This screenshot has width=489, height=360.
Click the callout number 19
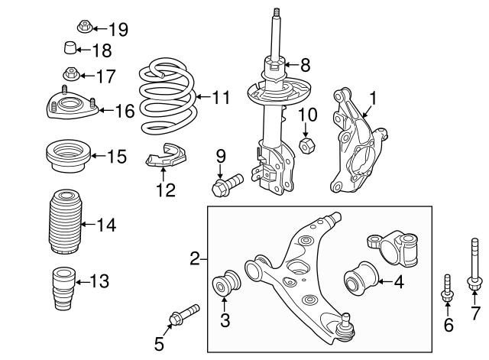point(118,30)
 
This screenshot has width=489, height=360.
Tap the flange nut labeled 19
point(83,28)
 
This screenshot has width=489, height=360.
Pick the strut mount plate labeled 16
point(70,106)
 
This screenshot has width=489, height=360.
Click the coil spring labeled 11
point(166,97)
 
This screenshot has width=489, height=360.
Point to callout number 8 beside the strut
point(305,65)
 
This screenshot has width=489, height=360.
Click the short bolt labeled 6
point(448,294)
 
